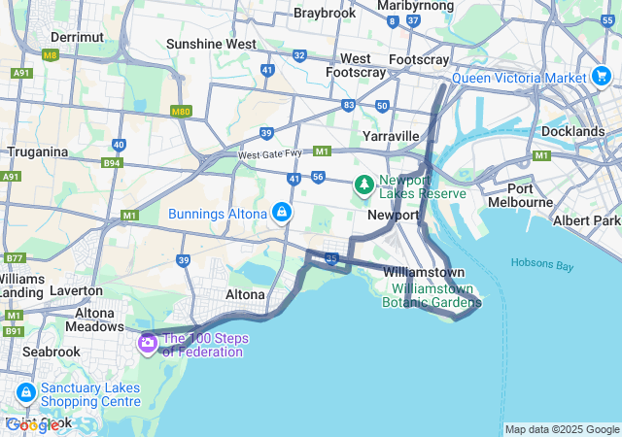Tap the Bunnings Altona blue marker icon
pyautogui.click(x=281, y=211)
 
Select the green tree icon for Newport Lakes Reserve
pyautogui.click(x=363, y=183)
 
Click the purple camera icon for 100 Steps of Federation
pyautogui.click(x=148, y=342)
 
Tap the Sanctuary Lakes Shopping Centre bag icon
pyautogui.click(x=26, y=393)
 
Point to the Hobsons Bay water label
pyautogui.click(x=544, y=263)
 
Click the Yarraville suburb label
pyautogui.click(x=391, y=136)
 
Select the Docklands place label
pyautogui.click(x=572, y=131)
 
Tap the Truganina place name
pyautogui.click(x=37, y=151)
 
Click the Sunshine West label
pyautogui.click(x=211, y=44)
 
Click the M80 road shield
pyautogui.click(x=181, y=111)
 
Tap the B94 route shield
pyautogui.click(x=113, y=163)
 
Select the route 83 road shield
pyautogui.click(x=349, y=104)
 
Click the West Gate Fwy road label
pyautogui.click(x=273, y=154)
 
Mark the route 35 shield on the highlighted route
pyautogui.click(x=331, y=258)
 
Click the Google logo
pyautogui.click(x=31, y=424)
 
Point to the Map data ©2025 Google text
pyautogui.click(x=562, y=429)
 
